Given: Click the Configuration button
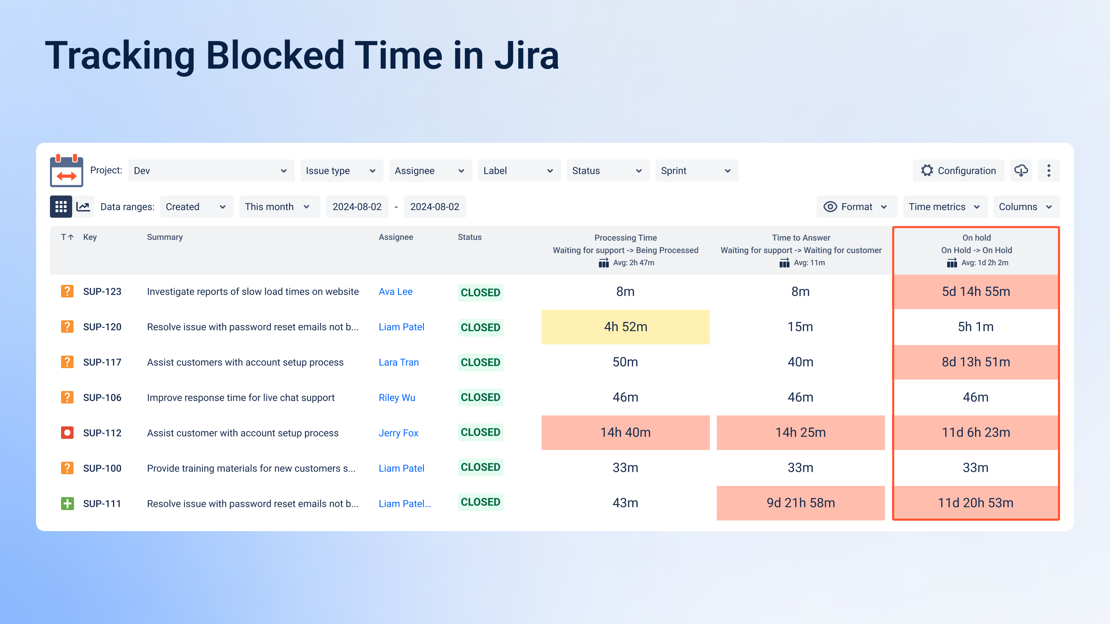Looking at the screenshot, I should tap(958, 171).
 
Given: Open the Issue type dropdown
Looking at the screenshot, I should tap(340, 171).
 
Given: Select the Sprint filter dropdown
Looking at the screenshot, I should tap(696, 171).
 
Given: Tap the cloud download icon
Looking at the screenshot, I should tap(1021, 171).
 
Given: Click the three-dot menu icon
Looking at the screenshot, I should tap(1049, 171).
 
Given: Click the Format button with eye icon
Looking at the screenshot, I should tap(856, 207).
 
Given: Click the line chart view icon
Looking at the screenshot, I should tap(83, 207).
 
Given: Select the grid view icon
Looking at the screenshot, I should tap(61, 207).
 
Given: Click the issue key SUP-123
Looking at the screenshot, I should tap(102, 292).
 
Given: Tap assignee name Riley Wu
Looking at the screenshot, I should tap(397, 398).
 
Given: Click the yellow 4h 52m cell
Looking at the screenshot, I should tap(625, 327).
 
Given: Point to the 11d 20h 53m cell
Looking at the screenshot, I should tap(975, 503).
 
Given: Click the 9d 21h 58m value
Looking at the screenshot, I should tap(801, 503).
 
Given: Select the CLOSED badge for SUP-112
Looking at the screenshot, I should tap(480, 432).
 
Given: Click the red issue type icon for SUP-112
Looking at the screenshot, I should tap(67, 432).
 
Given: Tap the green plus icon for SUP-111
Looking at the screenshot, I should tap(67, 503).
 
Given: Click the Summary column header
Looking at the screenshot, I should tap(165, 237).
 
